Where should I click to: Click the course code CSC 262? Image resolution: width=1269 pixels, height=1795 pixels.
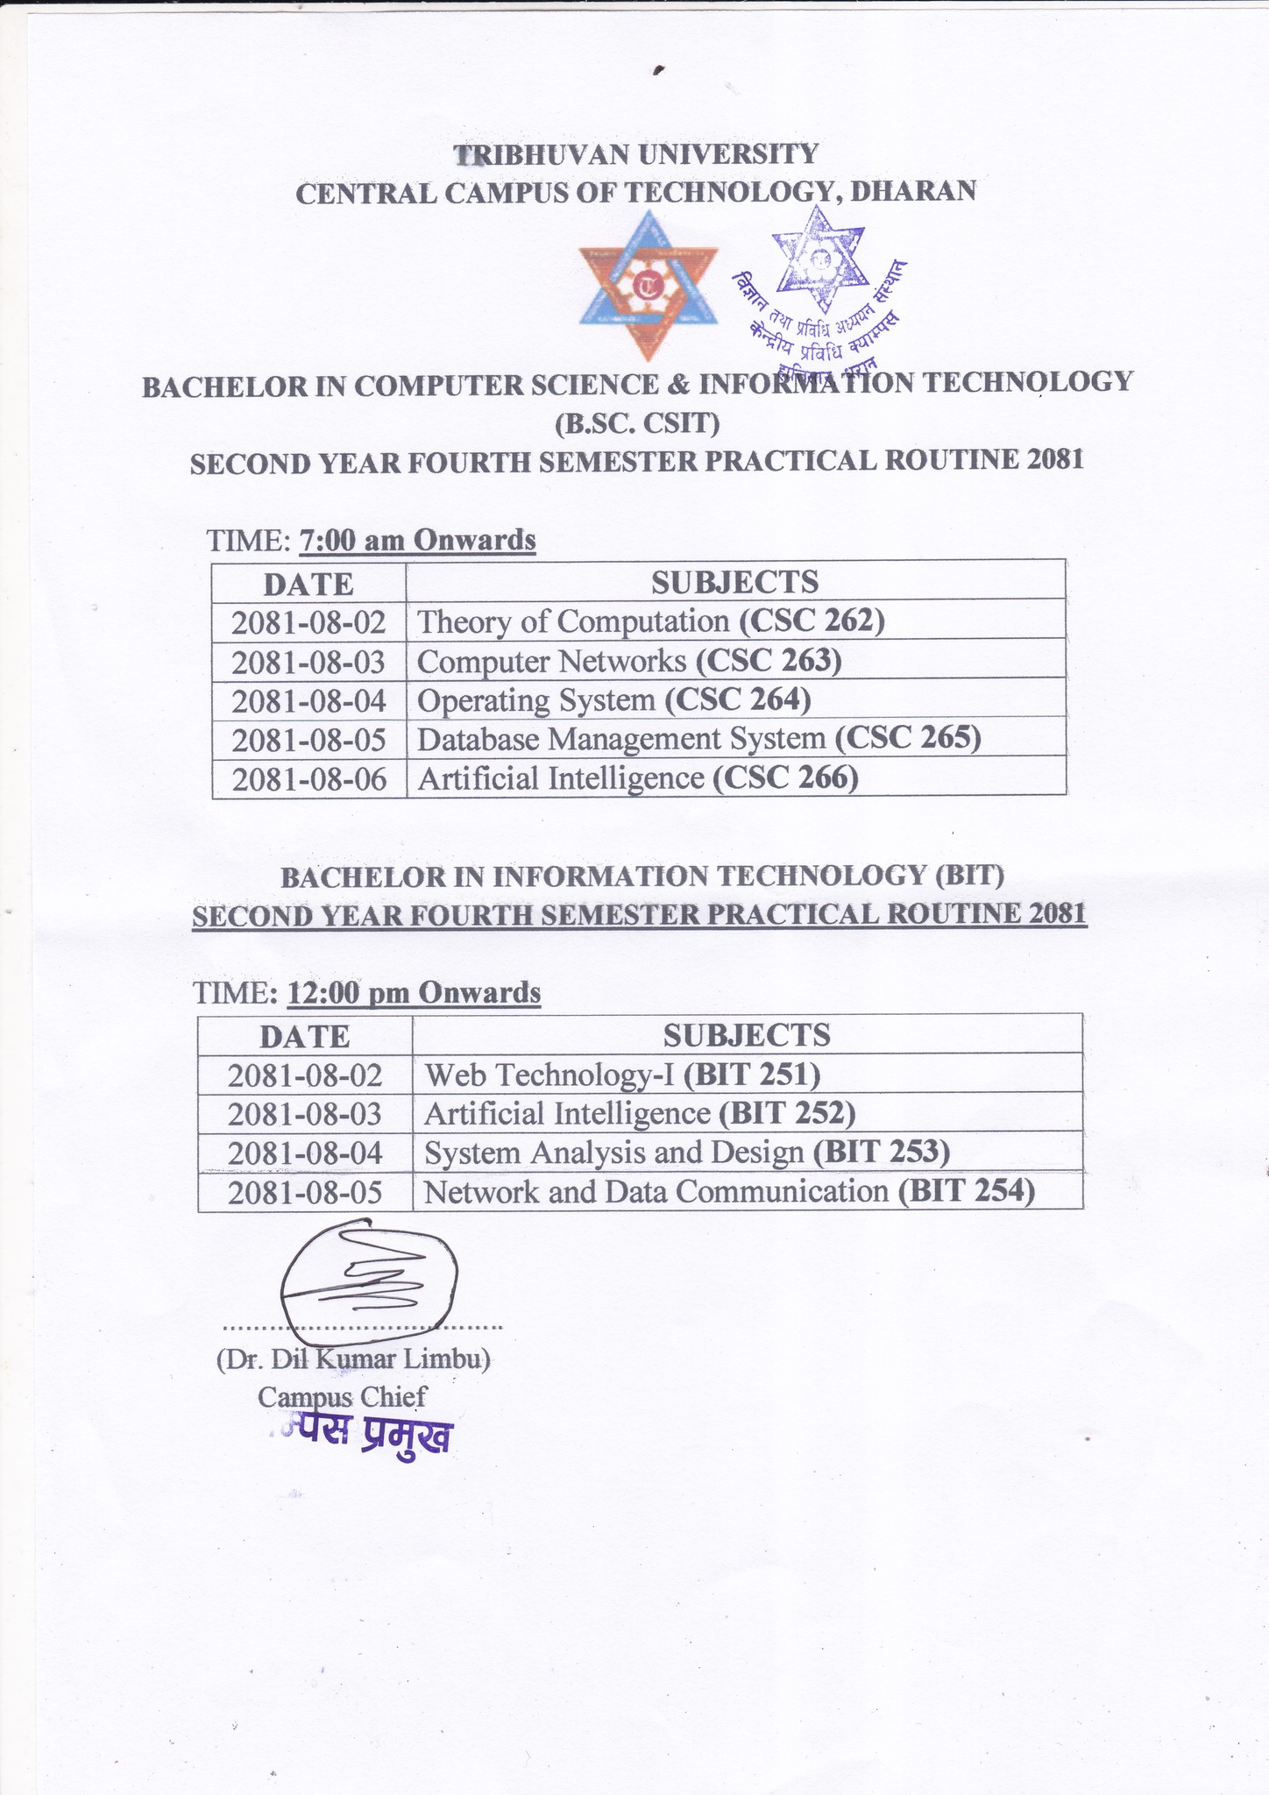pos(812,621)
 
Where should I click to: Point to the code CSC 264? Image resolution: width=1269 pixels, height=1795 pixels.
pos(738,700)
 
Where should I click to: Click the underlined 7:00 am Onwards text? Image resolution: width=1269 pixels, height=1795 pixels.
pos(417,540)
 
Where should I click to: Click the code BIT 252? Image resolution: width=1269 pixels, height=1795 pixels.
pos(786,1113)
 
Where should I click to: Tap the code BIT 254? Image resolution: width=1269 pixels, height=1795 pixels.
pos(967,1191)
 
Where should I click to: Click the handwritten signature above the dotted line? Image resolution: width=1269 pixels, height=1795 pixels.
pos(368,1280)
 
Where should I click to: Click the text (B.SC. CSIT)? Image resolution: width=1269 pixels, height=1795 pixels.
pos(637,424)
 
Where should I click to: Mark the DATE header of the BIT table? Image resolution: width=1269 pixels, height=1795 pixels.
pos(304,1037)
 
